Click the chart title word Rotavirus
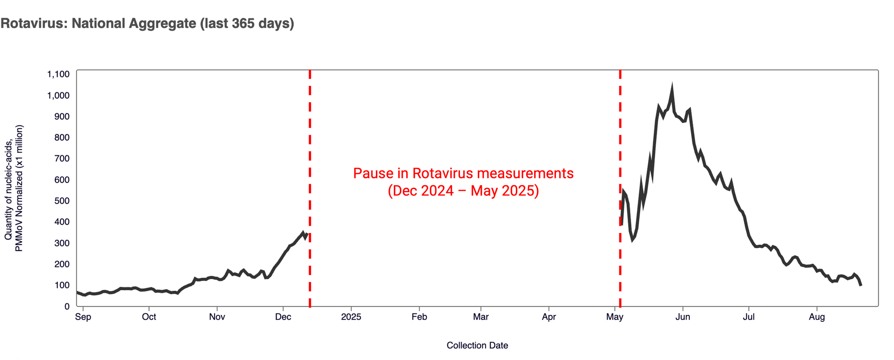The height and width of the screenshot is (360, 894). point(34,23)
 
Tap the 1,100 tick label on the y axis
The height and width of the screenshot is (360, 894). point(59,74)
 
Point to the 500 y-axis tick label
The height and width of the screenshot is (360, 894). point(62,201)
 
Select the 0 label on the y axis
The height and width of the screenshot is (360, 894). point(67,306)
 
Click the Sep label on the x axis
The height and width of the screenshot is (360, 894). point(83,317)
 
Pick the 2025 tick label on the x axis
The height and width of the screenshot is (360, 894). point(351,317)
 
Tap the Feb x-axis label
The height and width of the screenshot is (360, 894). point(419,317)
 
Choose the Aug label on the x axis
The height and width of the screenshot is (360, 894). point(817,317)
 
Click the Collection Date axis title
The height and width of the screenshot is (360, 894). point(477,345)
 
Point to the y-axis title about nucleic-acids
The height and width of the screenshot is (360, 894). point(13,188)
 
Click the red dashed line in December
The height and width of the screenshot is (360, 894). point(310,188)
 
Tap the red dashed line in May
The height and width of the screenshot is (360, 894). point(620,188)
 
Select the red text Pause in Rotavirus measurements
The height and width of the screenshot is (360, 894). point(464,174)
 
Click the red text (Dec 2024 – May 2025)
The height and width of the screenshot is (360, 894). point(464,191)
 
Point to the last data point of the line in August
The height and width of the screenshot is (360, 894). point(861,285)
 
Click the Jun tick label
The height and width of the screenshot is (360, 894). point(683,317)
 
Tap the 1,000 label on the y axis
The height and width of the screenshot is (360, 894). point(59,95)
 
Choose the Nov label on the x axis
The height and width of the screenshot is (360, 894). point(217,317)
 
